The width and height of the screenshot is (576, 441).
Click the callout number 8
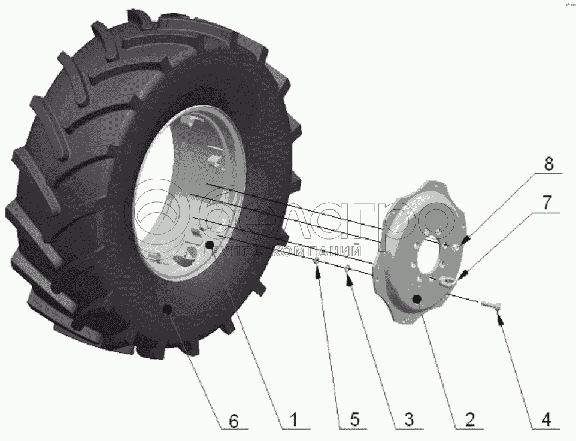coord(548,164)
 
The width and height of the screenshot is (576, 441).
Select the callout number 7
coord(547,203)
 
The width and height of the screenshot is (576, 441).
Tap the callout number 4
coord(546,419)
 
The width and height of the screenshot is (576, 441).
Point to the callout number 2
coord(469,419)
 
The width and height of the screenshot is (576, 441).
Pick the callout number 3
coord(408,419)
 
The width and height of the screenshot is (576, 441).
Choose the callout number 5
coord(354,419)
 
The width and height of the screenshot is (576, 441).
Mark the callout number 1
coord(294,419)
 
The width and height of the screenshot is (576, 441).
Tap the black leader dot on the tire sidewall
coord(167,309)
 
